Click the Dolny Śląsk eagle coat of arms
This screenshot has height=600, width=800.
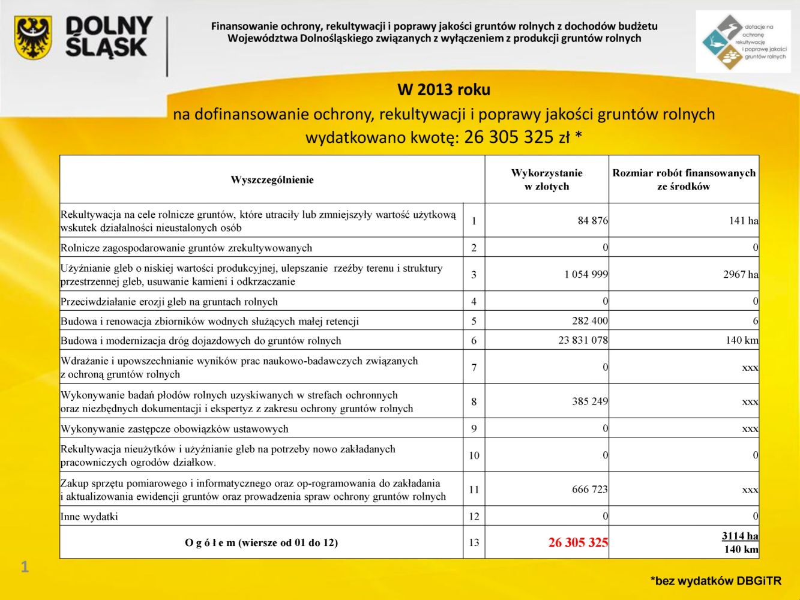33,37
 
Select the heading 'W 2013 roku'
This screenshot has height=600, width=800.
444,90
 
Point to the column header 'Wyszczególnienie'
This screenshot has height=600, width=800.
272,180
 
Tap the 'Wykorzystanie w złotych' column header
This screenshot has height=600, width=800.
547,179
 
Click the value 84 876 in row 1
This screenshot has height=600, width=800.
592,221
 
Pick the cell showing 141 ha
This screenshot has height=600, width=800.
744,221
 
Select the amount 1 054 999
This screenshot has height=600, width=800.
586,274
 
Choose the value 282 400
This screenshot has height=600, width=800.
589,320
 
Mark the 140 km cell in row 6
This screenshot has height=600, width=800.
742,340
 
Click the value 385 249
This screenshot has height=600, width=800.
589,401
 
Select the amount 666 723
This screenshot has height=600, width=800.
589,489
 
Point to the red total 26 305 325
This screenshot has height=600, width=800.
577,542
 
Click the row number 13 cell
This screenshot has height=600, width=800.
474,542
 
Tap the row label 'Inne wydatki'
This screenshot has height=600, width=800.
89,517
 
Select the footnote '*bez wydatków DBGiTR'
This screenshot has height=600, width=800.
715,581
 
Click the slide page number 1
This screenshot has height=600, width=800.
25,566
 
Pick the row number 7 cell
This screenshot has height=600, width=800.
474,367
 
